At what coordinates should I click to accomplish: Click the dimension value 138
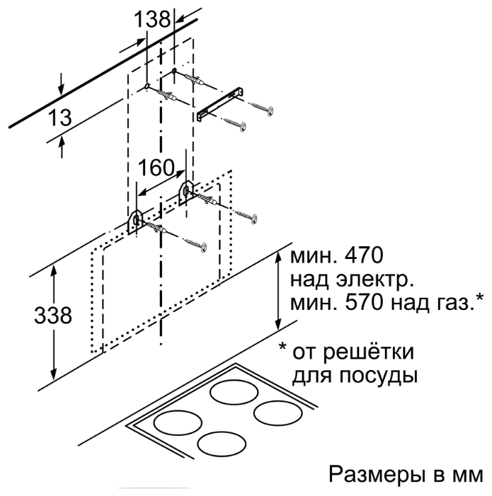(152, 19)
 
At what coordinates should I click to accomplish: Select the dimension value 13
(59, 117)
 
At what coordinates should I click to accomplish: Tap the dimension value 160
(156, 168)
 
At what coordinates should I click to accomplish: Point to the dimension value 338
(53, 315)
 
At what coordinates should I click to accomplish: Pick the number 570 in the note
(364, 303)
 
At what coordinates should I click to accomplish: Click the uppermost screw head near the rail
(270, 111)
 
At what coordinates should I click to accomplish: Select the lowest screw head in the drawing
(203, 247)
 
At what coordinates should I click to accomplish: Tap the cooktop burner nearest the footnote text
(278, 413)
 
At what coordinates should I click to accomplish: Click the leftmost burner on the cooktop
(178, 422)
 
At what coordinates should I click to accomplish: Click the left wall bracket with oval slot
(136, 221)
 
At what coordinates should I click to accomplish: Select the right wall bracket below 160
(186, 191)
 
